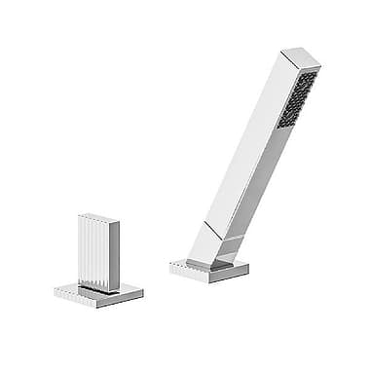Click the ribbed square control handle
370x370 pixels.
97,251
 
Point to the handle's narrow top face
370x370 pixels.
99,216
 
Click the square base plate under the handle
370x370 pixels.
98,291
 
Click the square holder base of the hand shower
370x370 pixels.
209,268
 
